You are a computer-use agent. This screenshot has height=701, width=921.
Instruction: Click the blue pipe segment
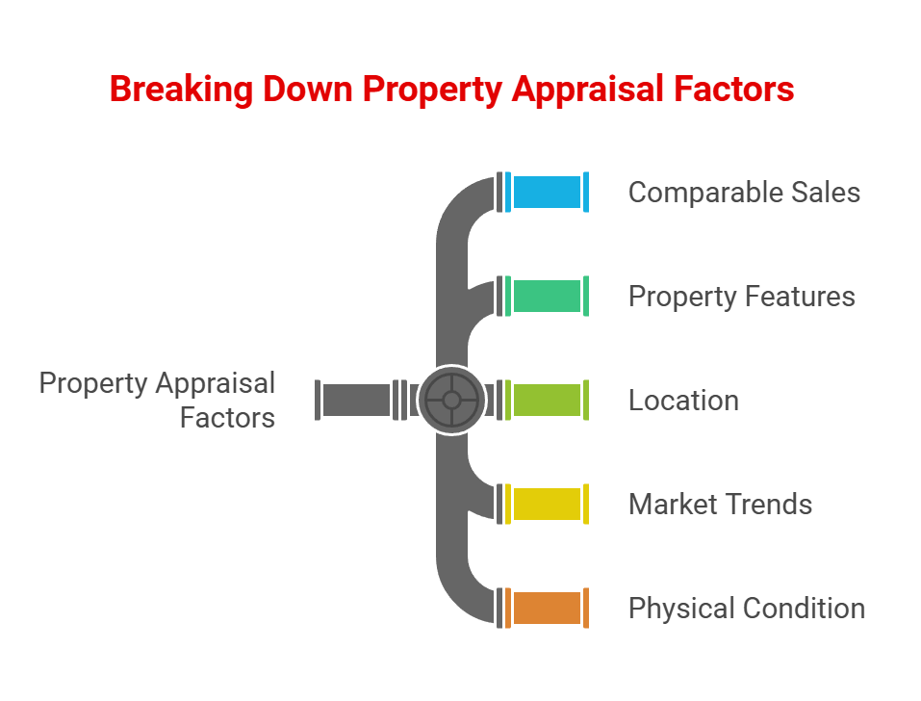547,192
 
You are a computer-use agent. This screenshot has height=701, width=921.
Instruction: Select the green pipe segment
547,296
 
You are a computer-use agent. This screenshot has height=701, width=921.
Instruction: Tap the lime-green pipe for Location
547,400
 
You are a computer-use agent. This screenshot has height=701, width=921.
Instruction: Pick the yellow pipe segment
547,504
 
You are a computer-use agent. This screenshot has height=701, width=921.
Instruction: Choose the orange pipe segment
547,608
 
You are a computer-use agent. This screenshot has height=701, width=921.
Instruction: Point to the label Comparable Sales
744,193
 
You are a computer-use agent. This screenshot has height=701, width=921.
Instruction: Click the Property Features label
741,297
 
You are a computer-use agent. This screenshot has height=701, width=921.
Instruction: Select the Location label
683,401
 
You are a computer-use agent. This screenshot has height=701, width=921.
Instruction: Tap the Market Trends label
720,505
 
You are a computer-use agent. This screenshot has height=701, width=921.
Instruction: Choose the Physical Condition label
746,609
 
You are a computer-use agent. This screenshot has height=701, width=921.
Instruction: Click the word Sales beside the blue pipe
825,193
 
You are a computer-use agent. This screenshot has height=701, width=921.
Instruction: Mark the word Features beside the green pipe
802,297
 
